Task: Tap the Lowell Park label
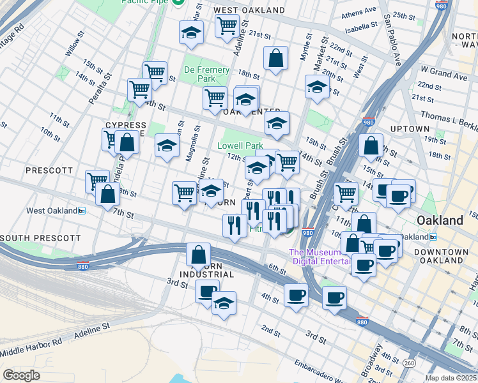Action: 240,146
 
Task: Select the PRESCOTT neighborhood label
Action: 50,170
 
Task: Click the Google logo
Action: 22,375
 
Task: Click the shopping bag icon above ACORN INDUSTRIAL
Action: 198,253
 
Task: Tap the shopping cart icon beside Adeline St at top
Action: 227,26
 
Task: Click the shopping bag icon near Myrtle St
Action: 276,58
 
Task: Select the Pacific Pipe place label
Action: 148,3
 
